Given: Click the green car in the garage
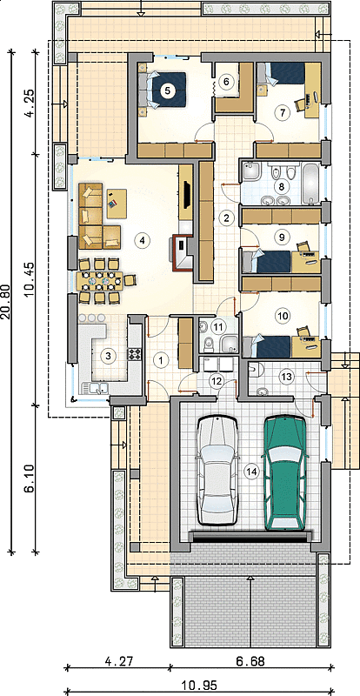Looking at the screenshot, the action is (284, 472).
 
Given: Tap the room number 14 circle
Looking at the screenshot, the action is (251, 472).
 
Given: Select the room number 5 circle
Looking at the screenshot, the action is (167, 90).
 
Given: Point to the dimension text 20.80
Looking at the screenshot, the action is (7, 300).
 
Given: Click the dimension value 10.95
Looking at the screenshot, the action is (200, 686).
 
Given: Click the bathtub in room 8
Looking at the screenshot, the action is (311, 184).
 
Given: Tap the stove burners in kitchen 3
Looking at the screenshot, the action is (134, 354).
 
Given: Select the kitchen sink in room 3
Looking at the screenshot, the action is (96, 388).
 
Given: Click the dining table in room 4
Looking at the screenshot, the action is (99, 280).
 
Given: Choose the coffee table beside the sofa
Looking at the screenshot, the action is (117, 204).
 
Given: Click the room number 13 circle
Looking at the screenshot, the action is (286, 377).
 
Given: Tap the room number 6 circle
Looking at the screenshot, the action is (226, 82).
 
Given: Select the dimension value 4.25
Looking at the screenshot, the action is (29, 104).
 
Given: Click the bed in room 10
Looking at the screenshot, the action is (267, 346).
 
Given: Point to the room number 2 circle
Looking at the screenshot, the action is (227, 217).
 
